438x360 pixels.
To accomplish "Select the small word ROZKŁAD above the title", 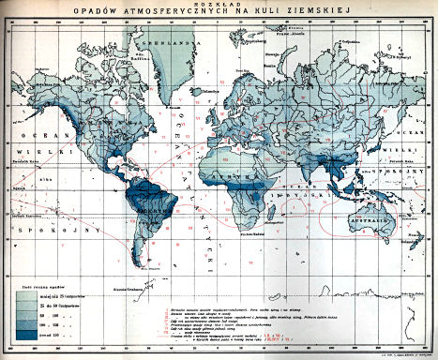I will [x=219, y=5].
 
